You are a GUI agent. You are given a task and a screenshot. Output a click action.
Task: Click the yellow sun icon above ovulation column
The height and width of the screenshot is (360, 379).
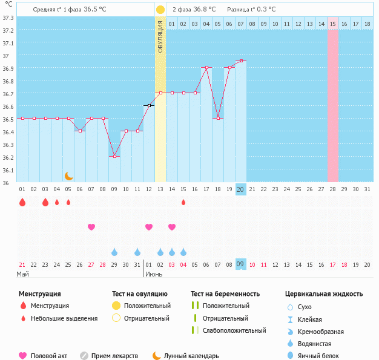coord(160,10)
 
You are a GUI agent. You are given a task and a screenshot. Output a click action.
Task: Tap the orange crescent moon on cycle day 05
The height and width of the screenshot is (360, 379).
coord(69,176)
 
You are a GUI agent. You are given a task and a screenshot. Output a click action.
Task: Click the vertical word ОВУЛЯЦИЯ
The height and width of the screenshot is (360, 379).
coord(160,37)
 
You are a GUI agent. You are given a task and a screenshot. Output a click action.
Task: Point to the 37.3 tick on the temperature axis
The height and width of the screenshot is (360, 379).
coord(8,18)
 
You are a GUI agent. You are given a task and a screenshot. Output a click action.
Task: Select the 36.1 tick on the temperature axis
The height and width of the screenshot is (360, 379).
coord(8,170)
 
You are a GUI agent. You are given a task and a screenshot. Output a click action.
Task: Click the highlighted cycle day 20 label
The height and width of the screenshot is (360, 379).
coord(240,189)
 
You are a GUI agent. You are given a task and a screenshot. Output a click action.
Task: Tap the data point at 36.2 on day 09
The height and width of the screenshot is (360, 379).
coord(114,156)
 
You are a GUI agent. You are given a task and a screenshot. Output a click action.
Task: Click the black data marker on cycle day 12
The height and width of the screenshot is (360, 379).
coord(149,105)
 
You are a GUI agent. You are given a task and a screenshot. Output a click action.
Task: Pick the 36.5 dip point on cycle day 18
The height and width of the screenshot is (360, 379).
coord(218,118)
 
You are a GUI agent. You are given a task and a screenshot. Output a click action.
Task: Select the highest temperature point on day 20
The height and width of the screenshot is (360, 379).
coord(241,61)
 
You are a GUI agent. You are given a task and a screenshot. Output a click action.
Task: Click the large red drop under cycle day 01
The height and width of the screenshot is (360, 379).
coord(22,202)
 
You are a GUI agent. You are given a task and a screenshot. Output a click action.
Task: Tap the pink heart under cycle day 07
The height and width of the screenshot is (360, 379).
coord(91,227)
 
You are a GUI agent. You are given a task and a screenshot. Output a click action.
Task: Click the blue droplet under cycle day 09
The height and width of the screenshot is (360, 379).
coord(114,252)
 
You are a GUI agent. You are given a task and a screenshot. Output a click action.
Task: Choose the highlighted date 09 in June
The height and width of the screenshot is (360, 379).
coord(240,264)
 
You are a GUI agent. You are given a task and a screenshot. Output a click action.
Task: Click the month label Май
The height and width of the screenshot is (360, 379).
coord(22,274)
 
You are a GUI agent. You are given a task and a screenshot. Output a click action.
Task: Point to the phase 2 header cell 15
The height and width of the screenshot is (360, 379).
coord(333,24)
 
